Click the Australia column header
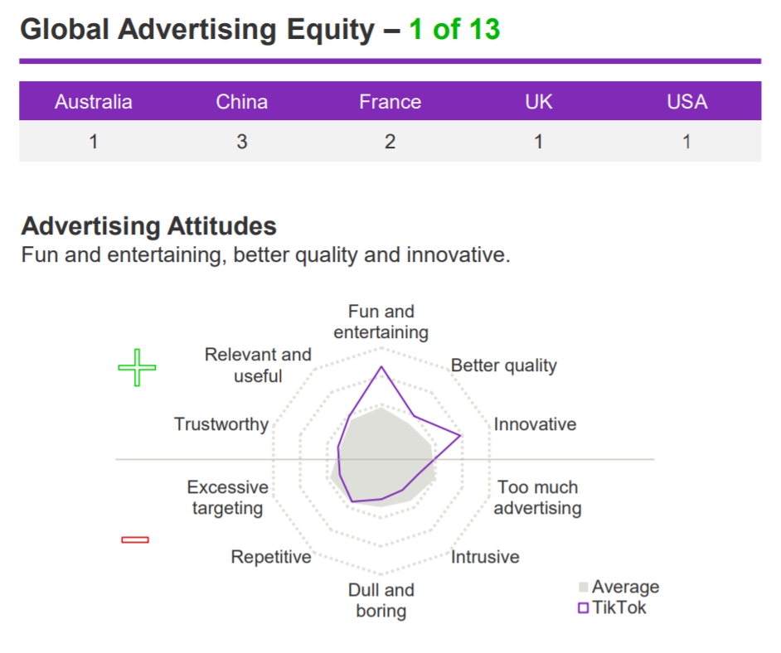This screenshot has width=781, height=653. (x=94, y=102)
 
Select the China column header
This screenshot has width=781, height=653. (x=241, y=102)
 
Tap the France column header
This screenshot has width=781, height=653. (x=390, y=102)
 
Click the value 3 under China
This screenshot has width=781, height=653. (x=241, y=142)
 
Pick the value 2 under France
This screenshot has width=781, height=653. (x=390, y=142)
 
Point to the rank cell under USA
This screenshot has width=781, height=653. (x=686, y=142)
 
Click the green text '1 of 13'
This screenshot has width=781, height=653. (x=454, y=29)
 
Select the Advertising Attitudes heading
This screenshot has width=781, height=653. (x=148, y=226)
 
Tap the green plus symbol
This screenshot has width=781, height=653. (x=137, y=367)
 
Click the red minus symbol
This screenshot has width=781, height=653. (x=135, y=539)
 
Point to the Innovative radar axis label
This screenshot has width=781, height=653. (x=535, y=424)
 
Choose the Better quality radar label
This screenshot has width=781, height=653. (x=503, y=365)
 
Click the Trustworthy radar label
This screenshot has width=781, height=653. (x=221, y=424)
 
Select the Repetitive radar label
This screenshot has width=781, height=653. (x=271, y=557)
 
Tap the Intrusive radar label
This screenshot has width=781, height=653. (x=485, y=556)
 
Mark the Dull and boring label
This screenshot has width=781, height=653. (x=381, y=600)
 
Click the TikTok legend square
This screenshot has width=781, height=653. (x=583, y=607)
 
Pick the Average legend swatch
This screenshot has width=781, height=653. (x=584, y=587)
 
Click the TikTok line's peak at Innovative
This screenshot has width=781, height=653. (x=461, y=436)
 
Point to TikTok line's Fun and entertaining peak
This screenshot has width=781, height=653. (x=381, y=367)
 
